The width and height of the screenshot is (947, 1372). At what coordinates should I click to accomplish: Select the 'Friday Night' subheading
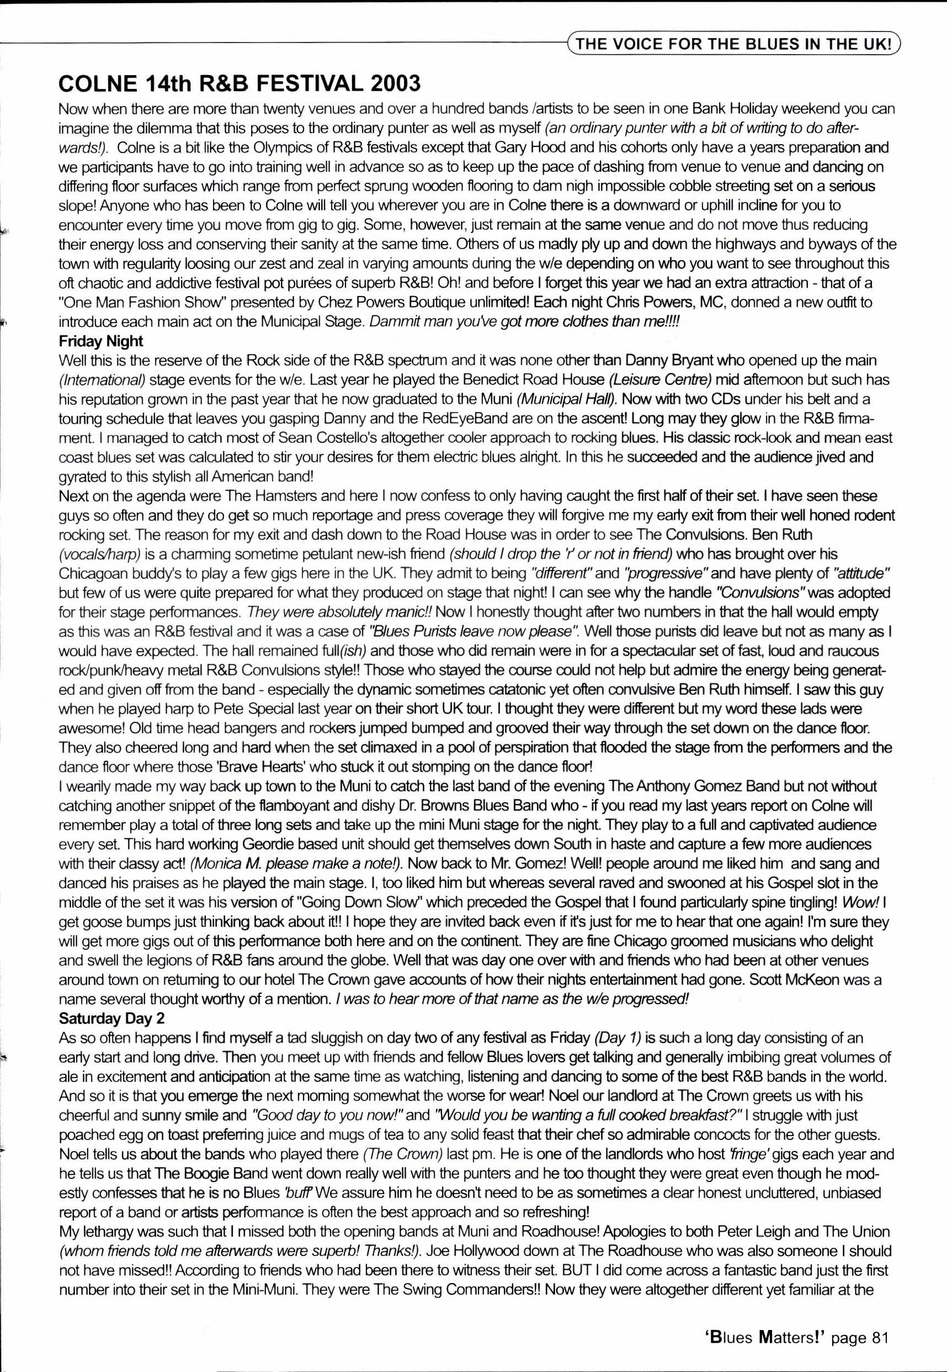[101, 341]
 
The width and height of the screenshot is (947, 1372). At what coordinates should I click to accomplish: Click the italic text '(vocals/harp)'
[100, 554]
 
